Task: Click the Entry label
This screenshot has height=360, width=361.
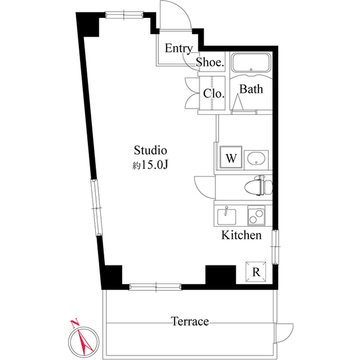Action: click(x=179, y=48)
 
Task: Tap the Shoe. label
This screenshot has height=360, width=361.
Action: click(x=210, y=63)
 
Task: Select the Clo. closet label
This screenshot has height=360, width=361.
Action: click(x=214, y=94)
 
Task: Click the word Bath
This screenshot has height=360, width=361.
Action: click(x=251, y=89)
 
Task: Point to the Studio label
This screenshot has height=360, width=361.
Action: click(x=151, y=150)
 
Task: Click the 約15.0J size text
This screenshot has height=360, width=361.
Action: click(x=151, y=166)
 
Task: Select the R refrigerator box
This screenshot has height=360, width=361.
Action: click(x=256, y=272)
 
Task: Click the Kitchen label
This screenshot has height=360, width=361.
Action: click(x=241, y=235)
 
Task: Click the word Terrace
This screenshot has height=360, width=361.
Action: click(x=190, y=322)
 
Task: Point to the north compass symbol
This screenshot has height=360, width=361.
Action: click(x=82, y=340)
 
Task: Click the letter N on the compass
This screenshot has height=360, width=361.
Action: click(x=73, y=323)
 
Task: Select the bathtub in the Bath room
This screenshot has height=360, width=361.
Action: click(x=252, y=63)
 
